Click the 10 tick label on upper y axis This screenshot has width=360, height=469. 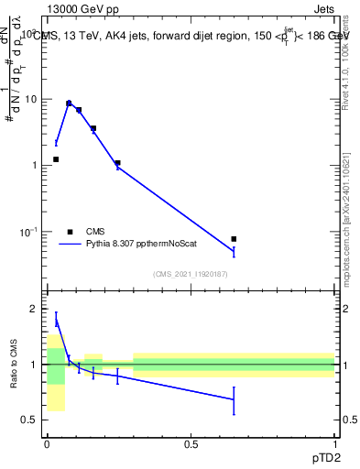click(31, 98)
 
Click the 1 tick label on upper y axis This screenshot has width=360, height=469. click(35, 165)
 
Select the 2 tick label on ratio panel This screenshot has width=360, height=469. click(35, 310)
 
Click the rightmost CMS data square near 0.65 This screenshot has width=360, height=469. click(234, 239)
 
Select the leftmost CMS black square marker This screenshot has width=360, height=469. click(56, 159)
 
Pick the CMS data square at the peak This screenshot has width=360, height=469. click(69, 104)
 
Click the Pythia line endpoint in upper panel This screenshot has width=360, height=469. click(234, 251)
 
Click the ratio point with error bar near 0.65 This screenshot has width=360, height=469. click(234, 399)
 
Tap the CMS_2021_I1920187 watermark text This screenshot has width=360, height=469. click(191, 274)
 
